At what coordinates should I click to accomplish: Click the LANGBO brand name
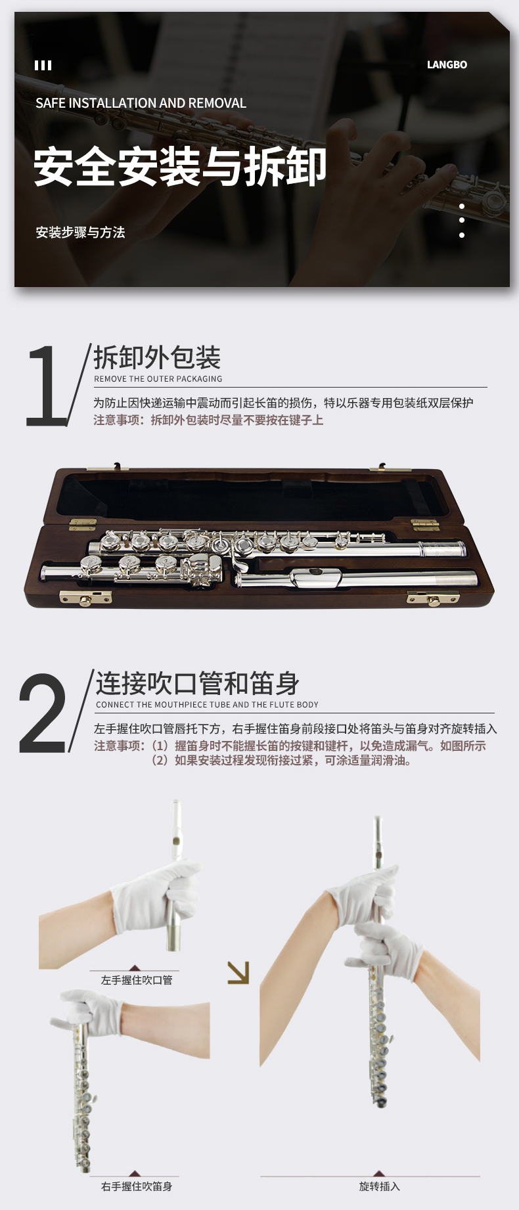point(447,64)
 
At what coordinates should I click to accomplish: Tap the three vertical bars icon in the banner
point(43,65)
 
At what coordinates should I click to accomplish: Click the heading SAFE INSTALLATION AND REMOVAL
point(141,103)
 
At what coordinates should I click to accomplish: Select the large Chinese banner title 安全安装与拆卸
point(180,166)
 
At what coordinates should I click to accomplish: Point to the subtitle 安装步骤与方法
point(80,232)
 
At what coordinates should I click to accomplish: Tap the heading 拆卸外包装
point(157,358)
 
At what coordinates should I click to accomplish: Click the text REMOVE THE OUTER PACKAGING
point(158,379)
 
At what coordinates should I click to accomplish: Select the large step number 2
point(43,712)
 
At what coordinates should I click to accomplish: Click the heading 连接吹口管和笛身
point(198,683)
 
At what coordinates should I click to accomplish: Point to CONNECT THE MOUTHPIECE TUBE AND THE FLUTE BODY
point(207,705)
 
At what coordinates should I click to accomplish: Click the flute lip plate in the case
point(317,577)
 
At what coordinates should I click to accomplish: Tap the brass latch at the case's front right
point(433,598)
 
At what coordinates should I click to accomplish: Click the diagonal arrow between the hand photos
point(238,973)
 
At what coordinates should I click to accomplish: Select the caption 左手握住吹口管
point(137,980)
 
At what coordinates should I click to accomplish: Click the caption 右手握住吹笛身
point(137,1186)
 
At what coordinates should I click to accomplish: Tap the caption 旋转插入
point(380,1186)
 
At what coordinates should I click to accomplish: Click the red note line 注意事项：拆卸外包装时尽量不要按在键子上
point(208,420)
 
